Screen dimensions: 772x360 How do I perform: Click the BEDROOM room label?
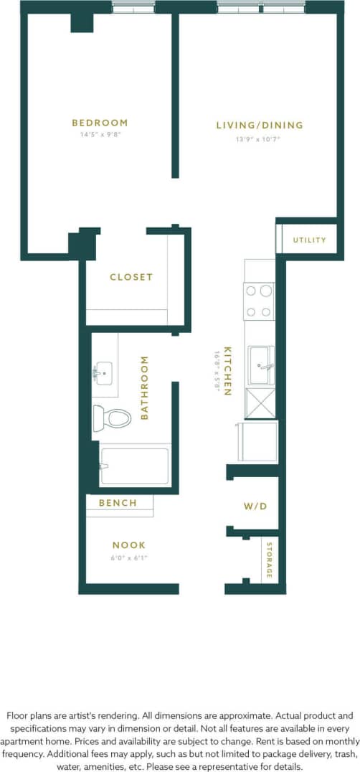pyautogui.click(x=100, y=123)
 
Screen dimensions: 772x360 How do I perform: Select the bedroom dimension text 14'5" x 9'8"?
pyautogui.click(x=100, y=134)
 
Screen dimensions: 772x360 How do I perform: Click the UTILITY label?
pyautogui.click(x=309, y=240)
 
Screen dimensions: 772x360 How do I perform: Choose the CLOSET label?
pyautogui.click(x=131, y=277)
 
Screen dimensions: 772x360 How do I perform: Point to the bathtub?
pyautogui.click(x=135, y=466)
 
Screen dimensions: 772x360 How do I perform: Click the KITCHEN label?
pyautogui.click(x=227, y=372)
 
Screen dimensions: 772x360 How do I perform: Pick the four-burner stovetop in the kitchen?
pyautogui.click(x=260, y=301)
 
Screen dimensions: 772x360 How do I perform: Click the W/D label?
pyautogui.click(x=255, y=506)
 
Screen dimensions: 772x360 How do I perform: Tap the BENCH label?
pyautogui.click(x=118, y=503)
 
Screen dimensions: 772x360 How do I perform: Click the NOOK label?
pyautogui.click(x=129, y=545)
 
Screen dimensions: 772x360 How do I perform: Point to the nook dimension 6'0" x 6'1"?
pyautogui.click(x=129, y=557)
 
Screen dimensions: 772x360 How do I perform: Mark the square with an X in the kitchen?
pyautogui.click(x=260, y=403)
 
